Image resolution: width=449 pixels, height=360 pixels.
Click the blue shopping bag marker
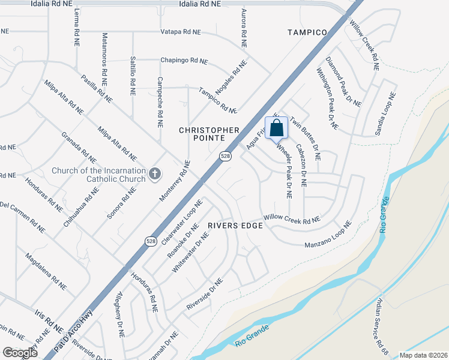pos(276,128)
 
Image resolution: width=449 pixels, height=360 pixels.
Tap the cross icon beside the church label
pos(155,175)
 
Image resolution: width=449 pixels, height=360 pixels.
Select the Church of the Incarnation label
pos(98,175)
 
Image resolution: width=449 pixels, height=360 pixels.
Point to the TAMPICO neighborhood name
pos(307,32)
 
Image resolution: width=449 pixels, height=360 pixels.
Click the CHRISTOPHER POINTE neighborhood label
pos(209,134)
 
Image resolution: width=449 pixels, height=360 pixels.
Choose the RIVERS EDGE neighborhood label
pos(235,226)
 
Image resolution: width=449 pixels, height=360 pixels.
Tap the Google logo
pos(20,353)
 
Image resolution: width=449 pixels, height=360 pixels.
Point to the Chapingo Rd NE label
pos(184,61)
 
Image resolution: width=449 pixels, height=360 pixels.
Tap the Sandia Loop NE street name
pos(385,113)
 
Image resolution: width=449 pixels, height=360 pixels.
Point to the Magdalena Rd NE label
pos(45,272)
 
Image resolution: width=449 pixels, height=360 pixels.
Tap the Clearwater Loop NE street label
pos(181,223)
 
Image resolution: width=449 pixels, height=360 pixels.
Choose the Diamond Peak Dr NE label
pos(343,82)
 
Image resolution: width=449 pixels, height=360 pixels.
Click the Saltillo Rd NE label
pos(133,76)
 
